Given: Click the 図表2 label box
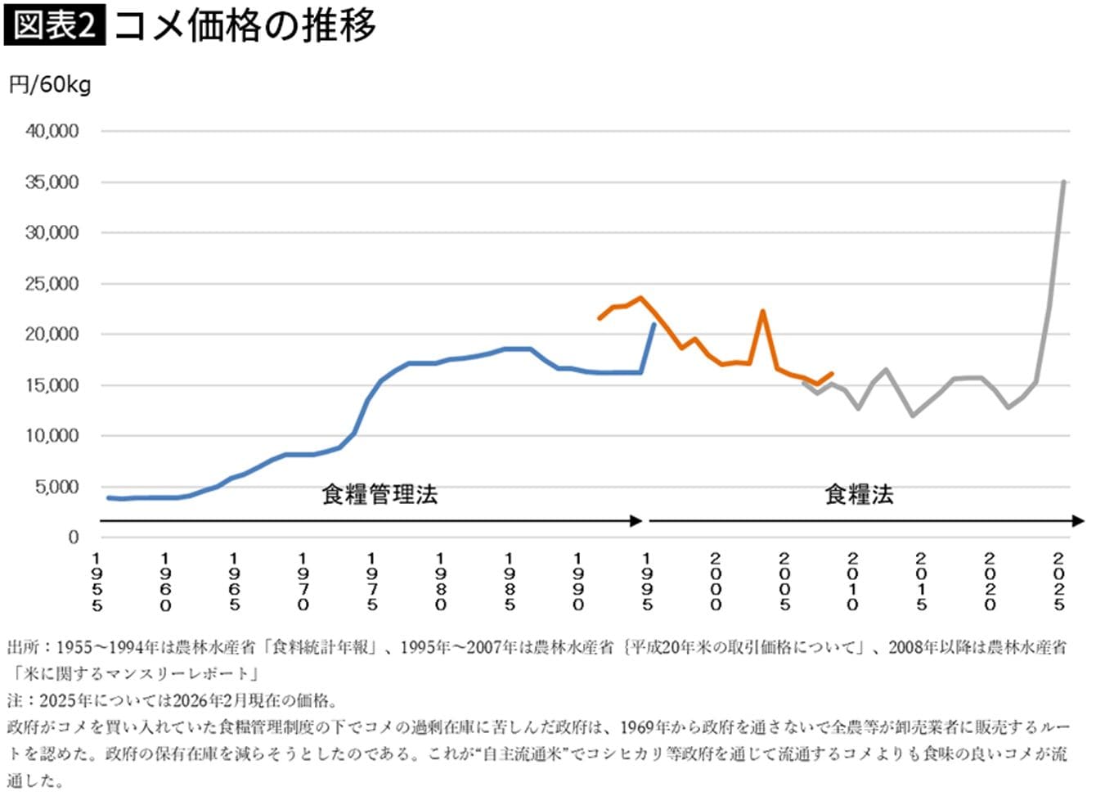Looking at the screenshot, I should tap(54, 25).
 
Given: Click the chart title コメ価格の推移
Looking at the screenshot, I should tap(245, 25).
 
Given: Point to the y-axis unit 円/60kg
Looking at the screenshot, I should tap(50, 84).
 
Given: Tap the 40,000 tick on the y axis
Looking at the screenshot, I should tap(52, 131).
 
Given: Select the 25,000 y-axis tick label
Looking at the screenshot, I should tap(52, 284).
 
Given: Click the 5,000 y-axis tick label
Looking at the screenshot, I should tap(56, 487).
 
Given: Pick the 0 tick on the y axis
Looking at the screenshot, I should tap(74, 537).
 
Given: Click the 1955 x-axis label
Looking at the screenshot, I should tap(97, 582).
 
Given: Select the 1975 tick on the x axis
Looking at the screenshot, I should tap(372, 582).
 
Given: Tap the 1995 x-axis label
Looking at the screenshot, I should tap(647, 582).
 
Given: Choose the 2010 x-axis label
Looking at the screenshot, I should tap(853, 582).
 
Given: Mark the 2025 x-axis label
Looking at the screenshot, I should tap(1059, 582).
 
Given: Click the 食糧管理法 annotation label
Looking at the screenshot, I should tap(380, 494).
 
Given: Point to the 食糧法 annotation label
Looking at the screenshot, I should tap(859, 494).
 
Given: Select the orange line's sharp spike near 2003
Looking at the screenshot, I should tap(762, 312).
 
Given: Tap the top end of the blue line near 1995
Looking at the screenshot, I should tap(653, 325).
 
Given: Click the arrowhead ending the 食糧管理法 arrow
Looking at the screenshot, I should tap(636, 521).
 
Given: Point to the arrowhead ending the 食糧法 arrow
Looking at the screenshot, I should tap(1078, 521).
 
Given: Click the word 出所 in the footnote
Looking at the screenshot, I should tap(23, 647).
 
